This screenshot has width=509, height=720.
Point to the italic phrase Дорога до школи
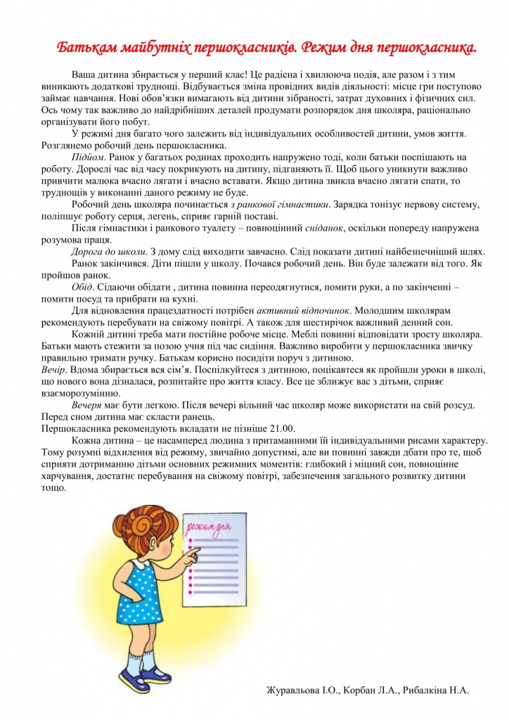point(109,252)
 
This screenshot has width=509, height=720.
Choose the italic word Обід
point(82,287)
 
